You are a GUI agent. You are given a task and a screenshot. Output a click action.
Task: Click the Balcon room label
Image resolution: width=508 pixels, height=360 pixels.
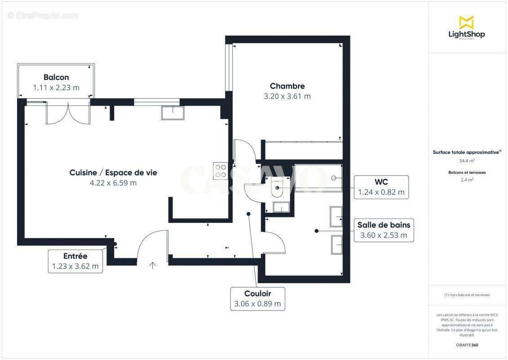click(x=56, y=77)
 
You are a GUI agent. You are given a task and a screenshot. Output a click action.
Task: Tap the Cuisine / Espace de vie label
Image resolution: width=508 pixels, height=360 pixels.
click(x=113, y=172)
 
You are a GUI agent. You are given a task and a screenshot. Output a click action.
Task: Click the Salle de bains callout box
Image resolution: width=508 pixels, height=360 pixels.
click(x=383, y=230)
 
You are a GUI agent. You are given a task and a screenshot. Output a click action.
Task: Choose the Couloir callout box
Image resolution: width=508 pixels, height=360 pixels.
click(x=258, y=299)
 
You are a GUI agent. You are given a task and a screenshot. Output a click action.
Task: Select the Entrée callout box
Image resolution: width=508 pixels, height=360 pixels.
click(x=75, y=261)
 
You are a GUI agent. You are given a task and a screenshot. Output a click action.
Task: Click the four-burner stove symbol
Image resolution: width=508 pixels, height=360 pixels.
click(x=220, y=171)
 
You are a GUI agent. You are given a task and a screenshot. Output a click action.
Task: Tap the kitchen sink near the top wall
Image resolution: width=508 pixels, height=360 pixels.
click(x=173, y=112)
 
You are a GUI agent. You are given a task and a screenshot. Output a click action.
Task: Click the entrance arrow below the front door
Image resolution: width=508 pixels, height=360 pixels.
click(x=152, y=265)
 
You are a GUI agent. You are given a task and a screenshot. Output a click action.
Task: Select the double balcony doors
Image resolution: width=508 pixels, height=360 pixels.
click(x=68, y=113)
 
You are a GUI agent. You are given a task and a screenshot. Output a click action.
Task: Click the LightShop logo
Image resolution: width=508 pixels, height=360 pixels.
click(x=466, y=28)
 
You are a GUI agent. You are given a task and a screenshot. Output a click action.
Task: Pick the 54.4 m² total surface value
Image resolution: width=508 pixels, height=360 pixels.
click(x=466, y=161)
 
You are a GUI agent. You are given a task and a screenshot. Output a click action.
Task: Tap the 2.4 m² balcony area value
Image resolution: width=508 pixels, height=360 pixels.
click(x=466, y=180)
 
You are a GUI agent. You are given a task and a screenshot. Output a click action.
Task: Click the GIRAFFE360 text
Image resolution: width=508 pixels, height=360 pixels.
click(x=466, y=345)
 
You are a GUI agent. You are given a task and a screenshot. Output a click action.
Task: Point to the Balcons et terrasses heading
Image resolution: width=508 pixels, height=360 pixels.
click(x=466, y=172)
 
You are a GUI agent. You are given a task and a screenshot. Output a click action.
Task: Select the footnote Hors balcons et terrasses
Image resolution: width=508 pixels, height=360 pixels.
click(x=466, y=295)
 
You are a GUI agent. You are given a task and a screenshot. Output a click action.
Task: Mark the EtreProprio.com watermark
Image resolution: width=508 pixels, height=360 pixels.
click(x=43, y=16)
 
